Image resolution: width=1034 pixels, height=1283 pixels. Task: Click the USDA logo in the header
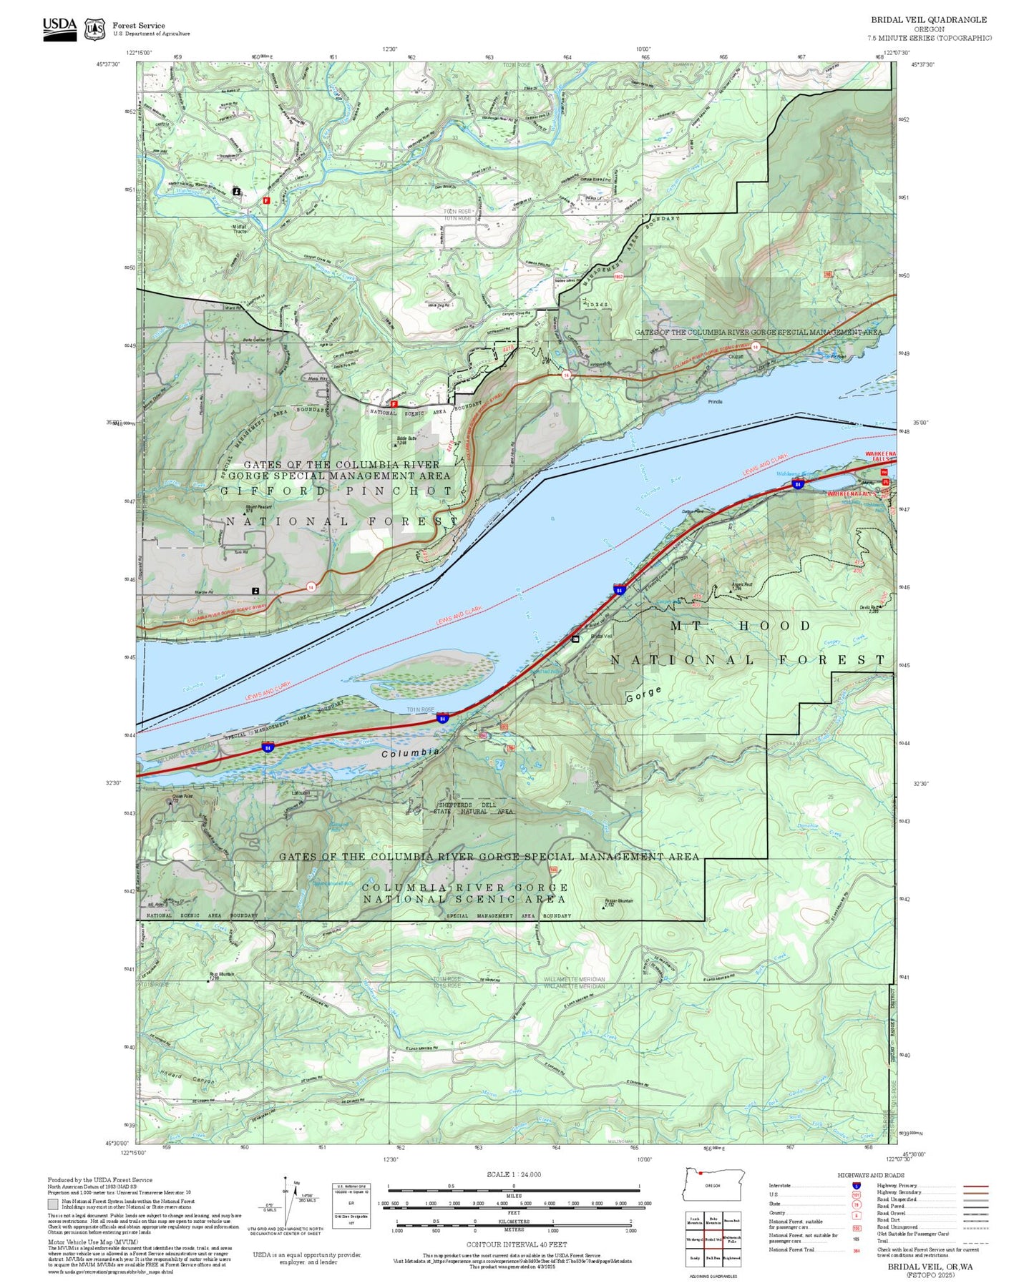tap(59, 29)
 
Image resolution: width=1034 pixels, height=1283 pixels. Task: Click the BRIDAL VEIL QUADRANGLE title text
tap(928, 20)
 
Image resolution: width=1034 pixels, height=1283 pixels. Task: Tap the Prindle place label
tap(715, 402)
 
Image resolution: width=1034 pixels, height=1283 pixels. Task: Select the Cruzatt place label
tap(736, 356)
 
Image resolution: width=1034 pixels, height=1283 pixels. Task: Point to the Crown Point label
tap(182, 796)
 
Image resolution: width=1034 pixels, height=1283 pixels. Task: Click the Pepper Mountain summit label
tap(618, 901)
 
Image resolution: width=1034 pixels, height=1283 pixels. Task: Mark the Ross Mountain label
tap(221, 974)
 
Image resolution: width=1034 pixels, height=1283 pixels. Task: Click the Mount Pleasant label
tap(258, 507)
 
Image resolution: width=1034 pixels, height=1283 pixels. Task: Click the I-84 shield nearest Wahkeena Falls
tap(797, 485)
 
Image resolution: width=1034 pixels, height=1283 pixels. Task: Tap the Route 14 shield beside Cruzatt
tap(756, 347)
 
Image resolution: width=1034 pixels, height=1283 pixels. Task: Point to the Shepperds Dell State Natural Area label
tap(476, 808)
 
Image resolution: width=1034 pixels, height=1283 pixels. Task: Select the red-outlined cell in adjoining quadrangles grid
tap(712, 1239)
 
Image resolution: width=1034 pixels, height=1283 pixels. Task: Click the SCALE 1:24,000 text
tap(513, 1174)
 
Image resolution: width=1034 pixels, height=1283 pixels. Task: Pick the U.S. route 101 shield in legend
tap(856, 1194)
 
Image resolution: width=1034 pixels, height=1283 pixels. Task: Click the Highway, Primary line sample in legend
tap(976, 1186)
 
